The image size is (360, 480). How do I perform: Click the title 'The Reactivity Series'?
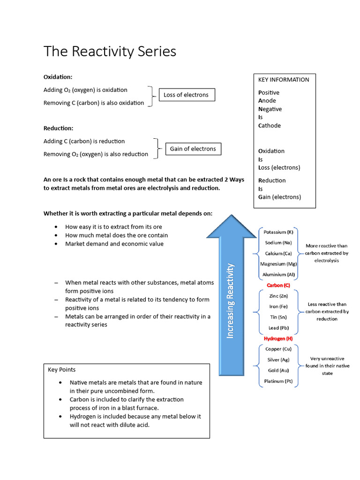tap(110, 51)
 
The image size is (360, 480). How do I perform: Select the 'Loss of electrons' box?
tap(186, 95)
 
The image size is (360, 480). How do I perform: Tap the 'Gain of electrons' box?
tap(193, 149)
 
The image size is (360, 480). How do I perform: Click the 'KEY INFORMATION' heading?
tap(284, 80)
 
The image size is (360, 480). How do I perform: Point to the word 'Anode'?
tap(267, 101)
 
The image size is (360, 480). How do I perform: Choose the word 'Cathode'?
tap(270, 126)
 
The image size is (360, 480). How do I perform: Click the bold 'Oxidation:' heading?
tap(58, 77)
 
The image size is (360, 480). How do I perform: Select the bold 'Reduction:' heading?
tap(58, 128)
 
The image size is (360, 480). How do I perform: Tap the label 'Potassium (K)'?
tap(278, 232)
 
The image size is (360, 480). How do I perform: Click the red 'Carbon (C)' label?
tap(278, 285)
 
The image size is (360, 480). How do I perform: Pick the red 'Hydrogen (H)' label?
tap(278, 338)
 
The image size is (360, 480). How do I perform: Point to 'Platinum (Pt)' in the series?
tap(278, 381)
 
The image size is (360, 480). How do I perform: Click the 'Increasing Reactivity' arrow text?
tap(230, 300)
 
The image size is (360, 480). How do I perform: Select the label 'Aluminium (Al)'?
tap(278, 275)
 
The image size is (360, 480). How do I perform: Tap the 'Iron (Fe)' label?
tap(278, 307)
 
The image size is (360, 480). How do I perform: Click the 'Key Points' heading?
tap(61, 370)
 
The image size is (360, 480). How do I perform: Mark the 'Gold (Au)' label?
tap(278, 370)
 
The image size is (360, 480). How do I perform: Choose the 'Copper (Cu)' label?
tap(278, 349)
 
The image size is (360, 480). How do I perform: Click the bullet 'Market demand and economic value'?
tap(114, 244)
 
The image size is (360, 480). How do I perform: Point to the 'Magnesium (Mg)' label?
tap(278, 264)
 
